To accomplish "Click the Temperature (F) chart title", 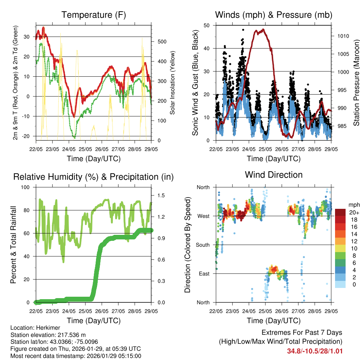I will [x=94, y=15].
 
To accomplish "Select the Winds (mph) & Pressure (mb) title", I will [x=274, y=15].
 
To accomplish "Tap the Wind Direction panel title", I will [x=274, y=175].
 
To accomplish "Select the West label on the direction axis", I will [x=203, y=216].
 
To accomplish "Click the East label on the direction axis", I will [x=204, y=274].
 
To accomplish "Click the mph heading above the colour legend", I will [x=353, y=205].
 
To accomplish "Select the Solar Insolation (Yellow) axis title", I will [x=173, y=83].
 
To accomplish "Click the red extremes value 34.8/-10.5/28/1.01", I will [x=315, y=351].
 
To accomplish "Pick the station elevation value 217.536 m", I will [x=69, y=335].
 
